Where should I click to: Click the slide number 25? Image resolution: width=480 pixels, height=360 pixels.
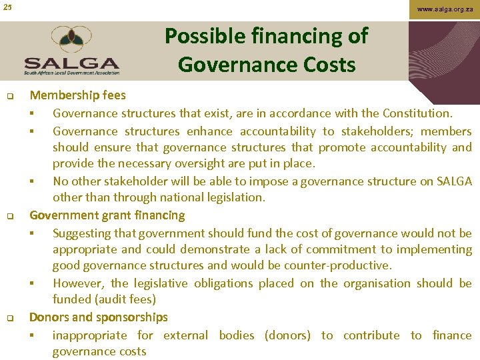tap(7, 7)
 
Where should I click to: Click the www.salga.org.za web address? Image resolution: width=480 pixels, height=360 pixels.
tap(445, 9)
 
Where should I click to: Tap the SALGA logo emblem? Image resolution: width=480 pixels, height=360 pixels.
tap(71, 41)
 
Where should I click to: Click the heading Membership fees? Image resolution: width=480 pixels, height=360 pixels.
tap(77, 96)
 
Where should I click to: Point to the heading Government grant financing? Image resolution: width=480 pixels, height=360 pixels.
tap(107, 215)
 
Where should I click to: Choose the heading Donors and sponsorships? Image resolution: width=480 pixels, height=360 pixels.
tap(99, 317)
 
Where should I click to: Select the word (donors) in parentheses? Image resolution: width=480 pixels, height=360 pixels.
tap(287, 335)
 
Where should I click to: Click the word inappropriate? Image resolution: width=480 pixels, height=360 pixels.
tap(89, 335)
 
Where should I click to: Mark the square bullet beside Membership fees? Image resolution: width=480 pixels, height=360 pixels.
tap(12, 97)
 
